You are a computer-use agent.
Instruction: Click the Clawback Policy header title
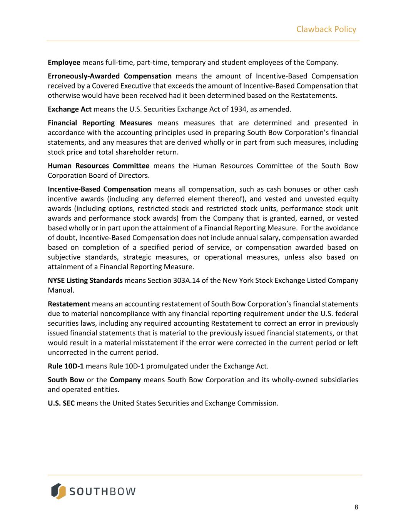pyautogui.click(x=326, y=29)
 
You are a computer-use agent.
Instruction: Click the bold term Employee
pyautogui.click(x=64, y=62)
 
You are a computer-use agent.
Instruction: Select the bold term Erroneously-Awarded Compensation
pyautogui.click(x=110, y=76)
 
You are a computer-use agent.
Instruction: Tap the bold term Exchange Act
pyautogui.click(x=70, y=109)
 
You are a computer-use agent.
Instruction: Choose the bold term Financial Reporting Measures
pyautogui.click(x=100, y=123)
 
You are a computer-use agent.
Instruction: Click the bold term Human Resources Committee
pyautogui.click(x=99, y=166)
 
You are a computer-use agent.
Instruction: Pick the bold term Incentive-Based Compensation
pyautogui.click(x=99, y=189)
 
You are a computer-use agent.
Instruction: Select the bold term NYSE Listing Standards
pyautogui.click(x=85, y=280)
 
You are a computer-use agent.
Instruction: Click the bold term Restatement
pyautogui.click(x=69, y=304)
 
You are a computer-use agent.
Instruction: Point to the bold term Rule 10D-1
pyautogui.click(x=66, y=366)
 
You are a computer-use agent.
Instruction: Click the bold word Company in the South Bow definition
pyautogui.click(x=125, y=380)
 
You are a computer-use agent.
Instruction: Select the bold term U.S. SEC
pyautogui.click(x=61, y=403)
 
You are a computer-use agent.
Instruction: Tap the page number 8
pyautogui.click(x=356, y=507)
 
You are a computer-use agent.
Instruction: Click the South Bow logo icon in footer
pyautogui.click(x=58, y=491)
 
